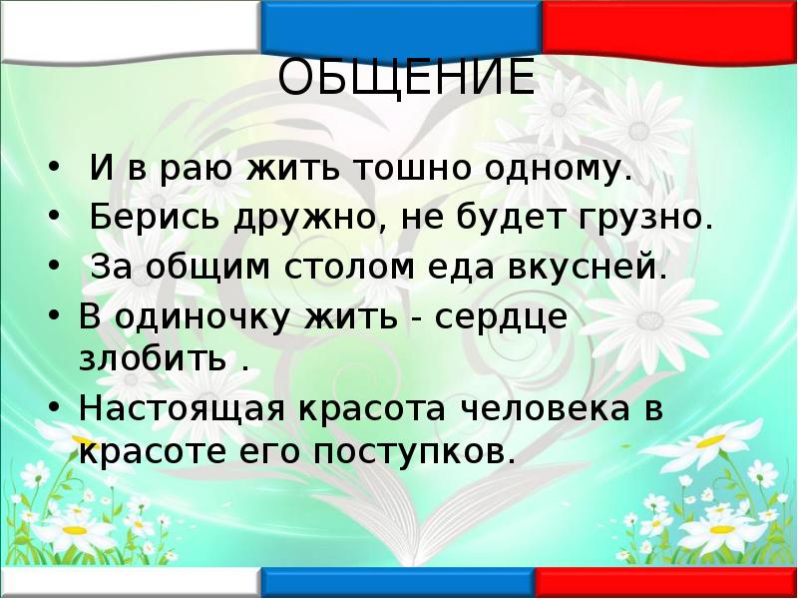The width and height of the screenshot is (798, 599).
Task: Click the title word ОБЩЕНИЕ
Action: pyautogui.click(x=406, y=79)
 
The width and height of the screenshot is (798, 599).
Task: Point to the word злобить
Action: pyautogui.click(x=152, y=358)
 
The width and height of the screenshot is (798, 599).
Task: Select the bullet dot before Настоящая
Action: pyautogui.click(x=56, y=409)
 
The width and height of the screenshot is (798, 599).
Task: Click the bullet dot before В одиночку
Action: pyautogui.click(x=56, y=318)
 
